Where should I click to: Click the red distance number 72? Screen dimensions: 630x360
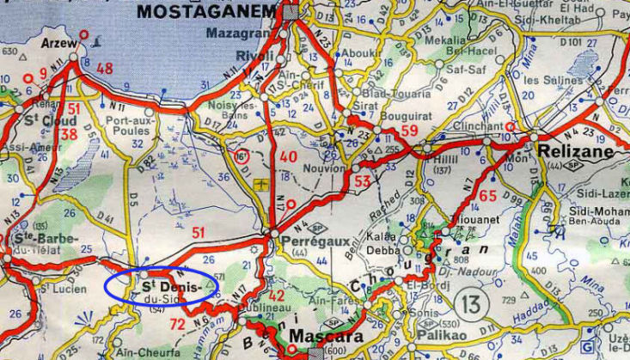(x=177, y=324)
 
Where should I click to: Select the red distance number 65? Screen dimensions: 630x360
(x=488, y=196)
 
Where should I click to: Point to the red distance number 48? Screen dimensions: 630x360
(x=105, y=69)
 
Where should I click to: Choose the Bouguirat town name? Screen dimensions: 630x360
(x=381, y=113)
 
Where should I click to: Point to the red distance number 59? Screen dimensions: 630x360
(x=409, y=131)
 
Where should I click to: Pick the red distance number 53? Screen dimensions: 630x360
(x=362, y=181)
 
